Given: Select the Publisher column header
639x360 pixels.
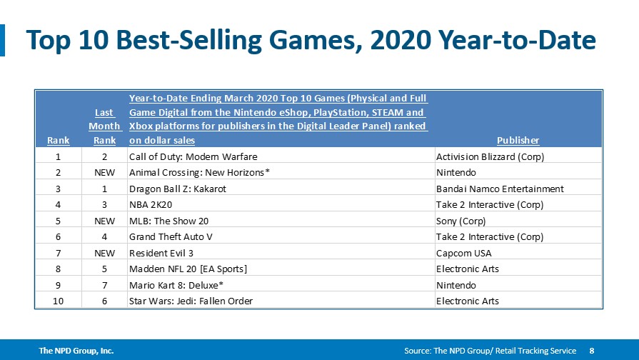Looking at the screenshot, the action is pos(518,140).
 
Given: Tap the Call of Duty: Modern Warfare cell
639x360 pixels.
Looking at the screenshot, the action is pos(193,156).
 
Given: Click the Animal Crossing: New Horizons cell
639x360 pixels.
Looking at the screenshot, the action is pos(199,172).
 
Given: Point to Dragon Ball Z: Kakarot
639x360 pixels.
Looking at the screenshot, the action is pos(177,189).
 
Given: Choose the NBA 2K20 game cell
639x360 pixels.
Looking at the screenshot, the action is pos(151,205).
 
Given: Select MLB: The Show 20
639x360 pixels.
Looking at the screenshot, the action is pos(168,221).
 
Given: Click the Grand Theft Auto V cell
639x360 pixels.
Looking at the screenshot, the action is pos(171,237).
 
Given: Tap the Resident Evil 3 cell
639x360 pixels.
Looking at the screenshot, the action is pos(161,253).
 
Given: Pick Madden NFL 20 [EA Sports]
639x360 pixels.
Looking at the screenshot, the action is pos(188,269).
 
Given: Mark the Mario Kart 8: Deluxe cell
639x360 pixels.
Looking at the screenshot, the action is pos(176,286).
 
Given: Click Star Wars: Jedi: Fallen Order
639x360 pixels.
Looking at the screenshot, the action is pos(191,301).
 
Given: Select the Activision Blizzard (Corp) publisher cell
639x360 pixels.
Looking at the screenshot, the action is pos(490,156).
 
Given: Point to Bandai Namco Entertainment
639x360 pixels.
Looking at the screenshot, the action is pos(500,189).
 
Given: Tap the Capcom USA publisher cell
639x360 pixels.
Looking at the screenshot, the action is pos(464,253).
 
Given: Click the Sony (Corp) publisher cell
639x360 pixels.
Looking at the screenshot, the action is pos(461,221).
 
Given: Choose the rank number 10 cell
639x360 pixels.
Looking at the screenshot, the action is pos(59,301).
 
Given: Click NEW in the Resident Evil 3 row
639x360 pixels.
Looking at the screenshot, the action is pos(105,253).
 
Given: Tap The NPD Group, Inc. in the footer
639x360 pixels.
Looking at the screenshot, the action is pos(76,351).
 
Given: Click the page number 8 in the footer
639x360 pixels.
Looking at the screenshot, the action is pos(592,351).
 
